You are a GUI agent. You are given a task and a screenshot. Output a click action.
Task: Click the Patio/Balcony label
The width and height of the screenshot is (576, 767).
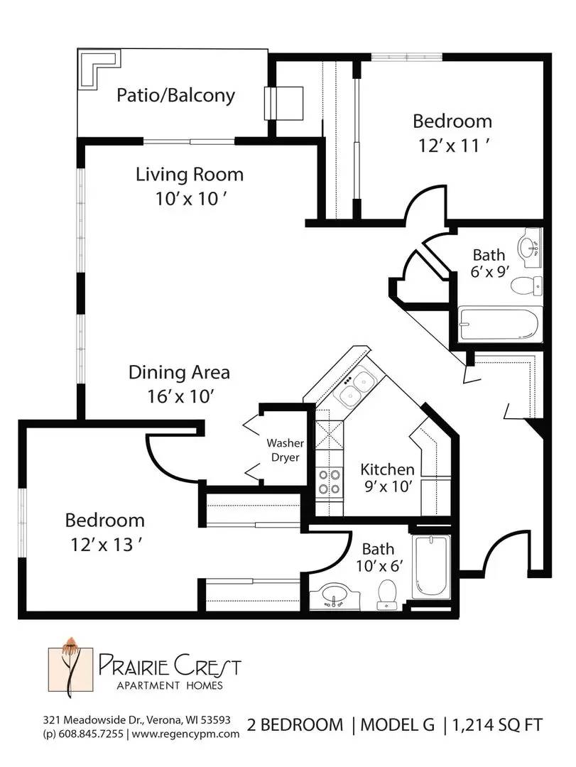(175, 95)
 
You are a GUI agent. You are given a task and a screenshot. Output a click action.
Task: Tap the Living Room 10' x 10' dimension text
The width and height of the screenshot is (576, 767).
(190, 199)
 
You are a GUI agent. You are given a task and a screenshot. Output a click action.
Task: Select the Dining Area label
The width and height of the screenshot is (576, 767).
(179, 372)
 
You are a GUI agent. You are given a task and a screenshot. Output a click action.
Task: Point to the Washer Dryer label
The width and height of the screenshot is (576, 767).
(285, 450)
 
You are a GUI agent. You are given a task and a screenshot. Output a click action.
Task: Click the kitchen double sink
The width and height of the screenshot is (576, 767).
(354, 387)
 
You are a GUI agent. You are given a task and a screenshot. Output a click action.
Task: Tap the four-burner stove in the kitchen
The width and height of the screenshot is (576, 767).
(328, 482)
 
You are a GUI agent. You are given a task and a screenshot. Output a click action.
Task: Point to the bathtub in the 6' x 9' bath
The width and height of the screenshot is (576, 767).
(500, 324)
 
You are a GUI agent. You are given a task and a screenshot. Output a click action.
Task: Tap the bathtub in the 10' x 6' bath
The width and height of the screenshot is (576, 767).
(430, 567)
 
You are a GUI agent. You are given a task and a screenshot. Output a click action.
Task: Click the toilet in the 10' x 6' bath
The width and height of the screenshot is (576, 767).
(387, 594)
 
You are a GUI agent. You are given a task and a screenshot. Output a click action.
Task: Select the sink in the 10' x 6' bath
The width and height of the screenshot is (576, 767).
(335, 596)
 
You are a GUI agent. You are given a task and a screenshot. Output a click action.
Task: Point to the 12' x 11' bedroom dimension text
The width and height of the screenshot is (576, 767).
(453, 146)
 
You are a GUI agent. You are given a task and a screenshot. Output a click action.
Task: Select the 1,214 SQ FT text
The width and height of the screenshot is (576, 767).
(497, 724)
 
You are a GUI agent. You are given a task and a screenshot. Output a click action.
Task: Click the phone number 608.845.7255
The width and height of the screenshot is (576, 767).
(90, 733)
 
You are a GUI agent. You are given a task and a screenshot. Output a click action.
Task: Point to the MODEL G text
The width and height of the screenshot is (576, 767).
(398, 724)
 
